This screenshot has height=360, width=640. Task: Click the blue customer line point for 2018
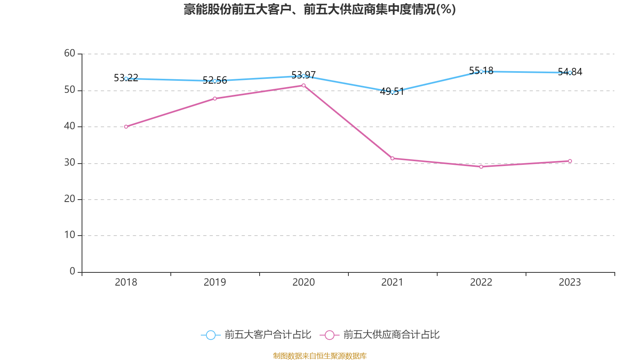click(126, 78)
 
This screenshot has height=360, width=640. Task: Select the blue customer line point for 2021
click(392, 92)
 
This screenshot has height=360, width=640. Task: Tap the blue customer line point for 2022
click(481, 71)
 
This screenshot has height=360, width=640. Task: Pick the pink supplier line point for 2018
click(126, 127)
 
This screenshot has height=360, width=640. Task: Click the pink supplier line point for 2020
click(304, 85)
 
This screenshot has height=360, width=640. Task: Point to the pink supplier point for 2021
click(392, 158)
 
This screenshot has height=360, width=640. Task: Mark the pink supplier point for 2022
click(481, 166)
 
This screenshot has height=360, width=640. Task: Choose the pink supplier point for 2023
click(570, 161)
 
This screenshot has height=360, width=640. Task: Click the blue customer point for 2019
click(215, 81)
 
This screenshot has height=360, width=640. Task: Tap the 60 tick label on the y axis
click(70, 53)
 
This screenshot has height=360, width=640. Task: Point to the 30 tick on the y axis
click(70, 162)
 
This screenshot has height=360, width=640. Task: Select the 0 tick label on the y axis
click(72, 271)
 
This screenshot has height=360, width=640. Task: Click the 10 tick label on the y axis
click(70, 235)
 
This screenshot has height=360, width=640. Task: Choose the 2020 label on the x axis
click(304, 282)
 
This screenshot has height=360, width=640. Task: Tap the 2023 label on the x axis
click(570, 282)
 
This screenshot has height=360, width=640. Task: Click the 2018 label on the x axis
click(126, 282)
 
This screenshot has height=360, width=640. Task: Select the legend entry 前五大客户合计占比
click(256, 335)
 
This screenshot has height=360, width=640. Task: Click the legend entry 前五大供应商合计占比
click(380, 335)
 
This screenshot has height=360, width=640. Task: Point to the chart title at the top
click(320, 9)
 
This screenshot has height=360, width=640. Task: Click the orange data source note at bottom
click(320, 356)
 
